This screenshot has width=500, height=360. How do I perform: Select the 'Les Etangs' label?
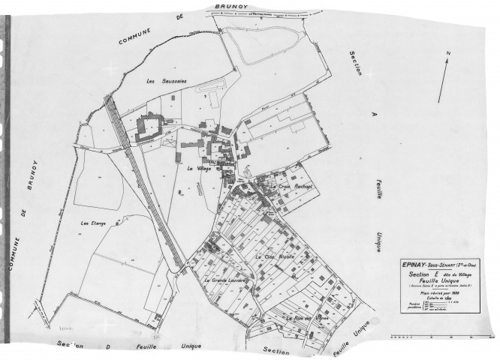tap(95, 223)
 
